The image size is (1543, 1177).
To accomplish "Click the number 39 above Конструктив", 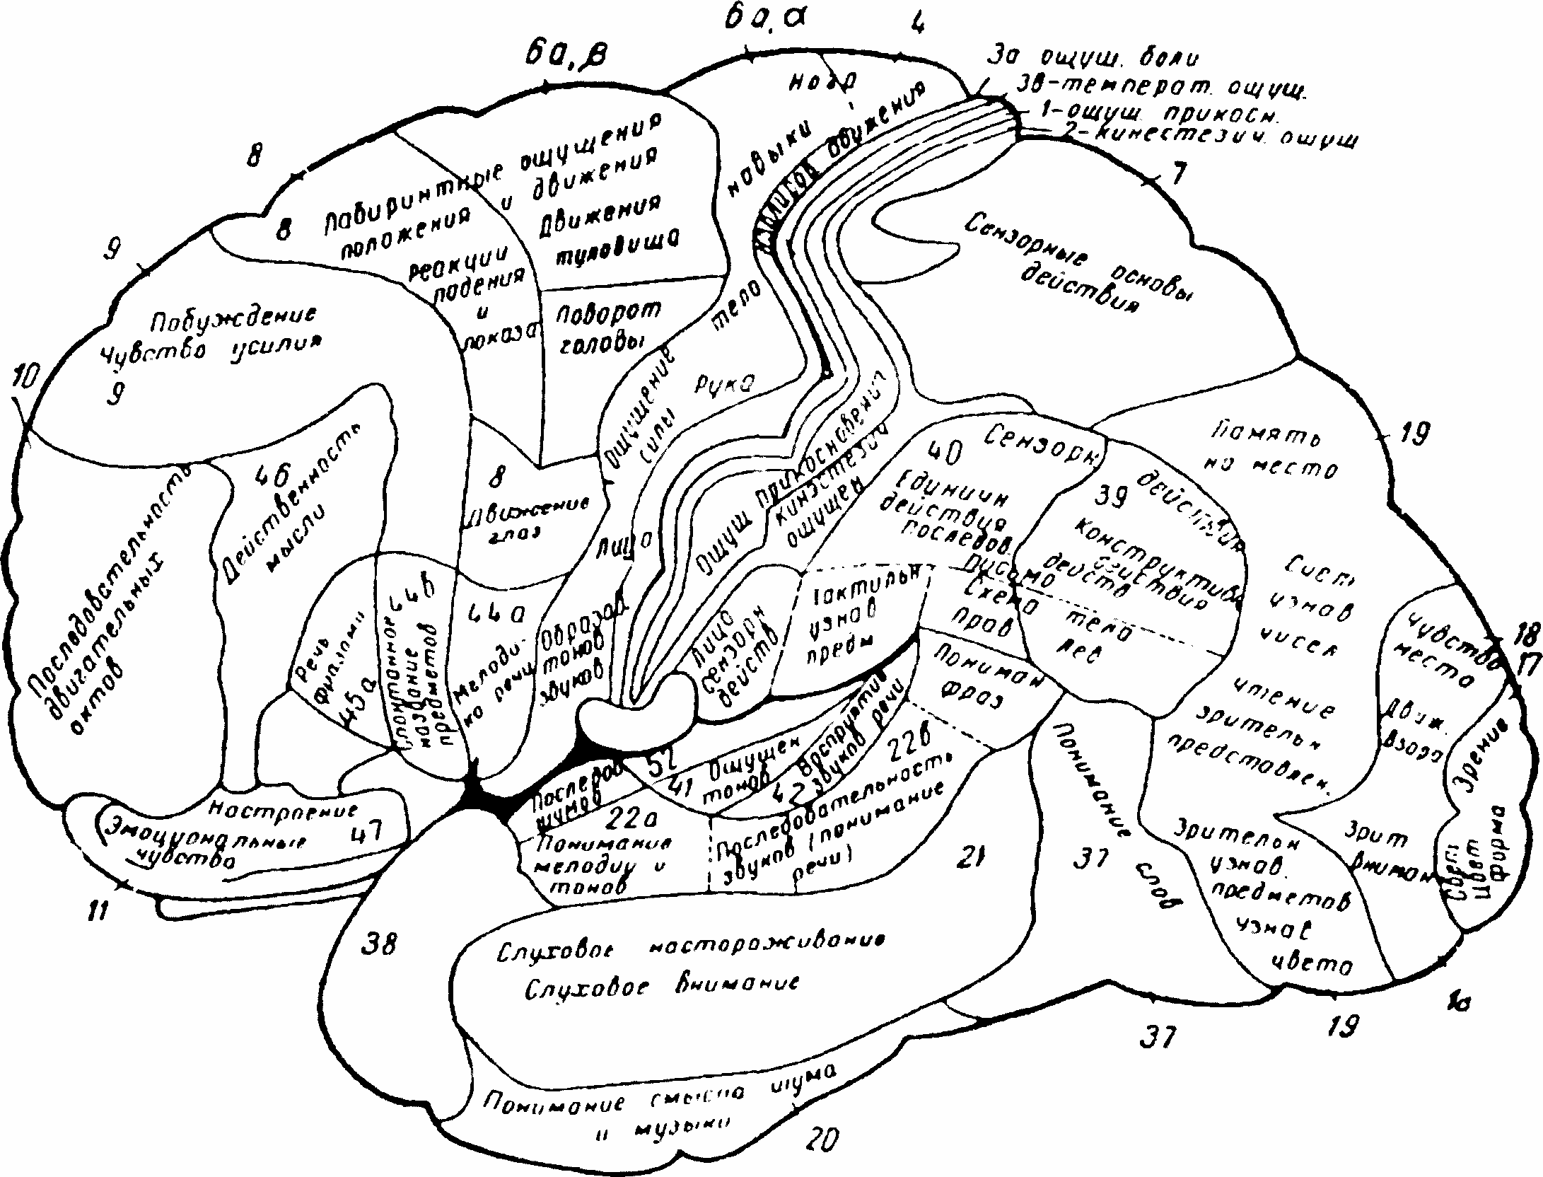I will (1112, 497).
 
